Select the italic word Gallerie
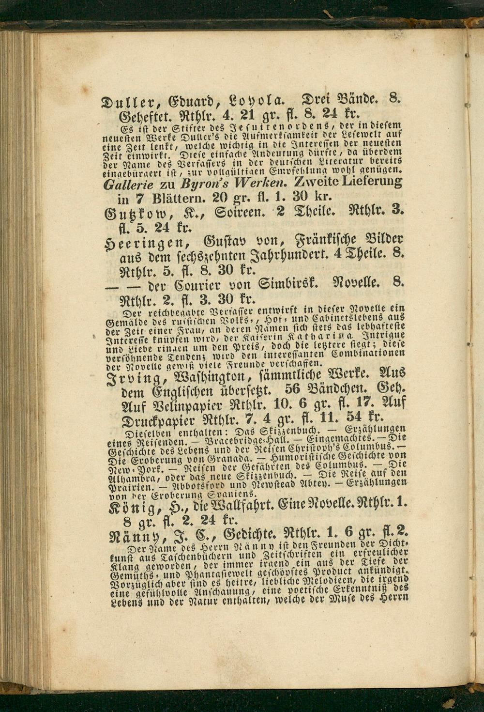128,185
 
